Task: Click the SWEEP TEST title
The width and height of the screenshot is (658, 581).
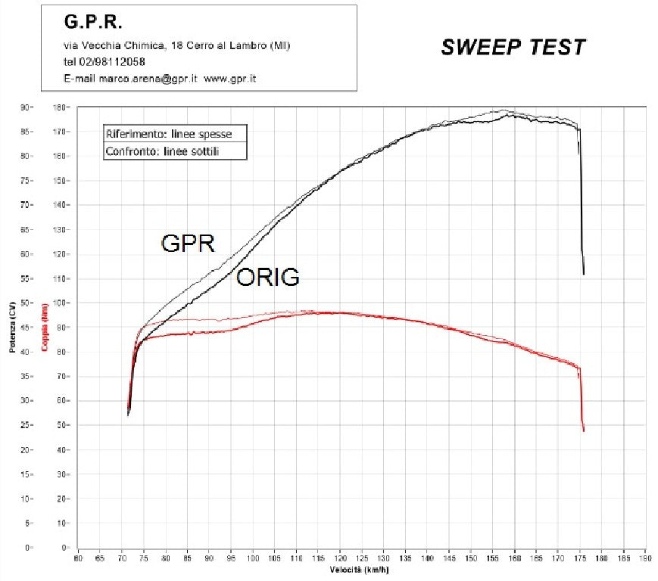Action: [x=513, y=47]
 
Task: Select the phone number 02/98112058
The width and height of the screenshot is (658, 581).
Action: [x=114, y=62]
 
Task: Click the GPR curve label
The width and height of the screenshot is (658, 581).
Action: [x=188, y=244]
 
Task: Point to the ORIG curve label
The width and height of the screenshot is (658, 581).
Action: [x=267, y=278]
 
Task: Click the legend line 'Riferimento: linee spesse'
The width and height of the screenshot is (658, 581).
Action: [x=169, y=134]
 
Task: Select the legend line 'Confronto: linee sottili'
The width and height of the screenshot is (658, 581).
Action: [x=165, y=151]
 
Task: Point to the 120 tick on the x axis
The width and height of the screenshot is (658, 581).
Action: [x=340, y=559]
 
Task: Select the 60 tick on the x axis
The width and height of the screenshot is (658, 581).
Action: [x=78, y=559]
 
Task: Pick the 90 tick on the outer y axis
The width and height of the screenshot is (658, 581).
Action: [x=24, y=107]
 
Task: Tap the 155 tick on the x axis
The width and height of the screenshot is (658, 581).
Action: [x=493, y=559]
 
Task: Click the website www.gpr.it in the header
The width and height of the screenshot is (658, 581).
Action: [x=229, y=78]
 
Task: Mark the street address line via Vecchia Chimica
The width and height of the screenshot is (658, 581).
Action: [x=176, y=46]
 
